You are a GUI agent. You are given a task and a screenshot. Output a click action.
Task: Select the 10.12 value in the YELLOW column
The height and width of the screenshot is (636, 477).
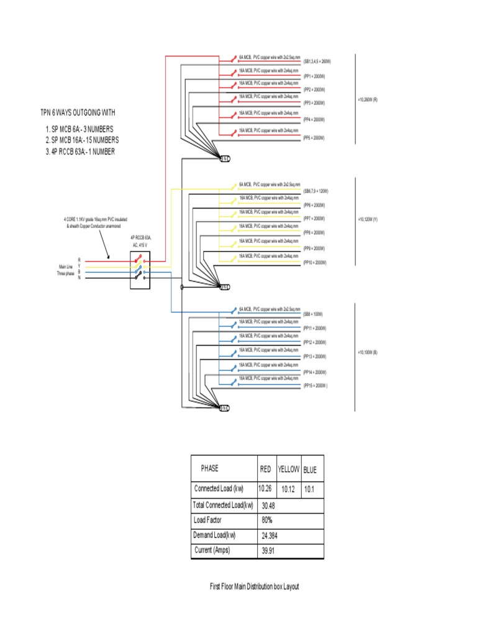pos(287,489)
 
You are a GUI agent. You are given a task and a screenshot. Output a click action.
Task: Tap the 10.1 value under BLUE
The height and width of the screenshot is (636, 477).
pos(309,489)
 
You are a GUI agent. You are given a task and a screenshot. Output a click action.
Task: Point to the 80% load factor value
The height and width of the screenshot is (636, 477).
pos(268,520)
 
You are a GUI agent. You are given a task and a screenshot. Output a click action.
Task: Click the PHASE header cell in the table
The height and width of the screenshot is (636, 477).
pos(209,469)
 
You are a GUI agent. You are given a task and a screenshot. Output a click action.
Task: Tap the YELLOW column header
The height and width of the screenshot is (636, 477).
pos(288,470)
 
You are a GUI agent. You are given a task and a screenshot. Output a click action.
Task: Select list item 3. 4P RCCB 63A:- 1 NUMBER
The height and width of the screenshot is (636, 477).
pos(79,152)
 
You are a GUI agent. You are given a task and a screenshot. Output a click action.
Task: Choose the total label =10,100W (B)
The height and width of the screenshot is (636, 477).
pos(367,353)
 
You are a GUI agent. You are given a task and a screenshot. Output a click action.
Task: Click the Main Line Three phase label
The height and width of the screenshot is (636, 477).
pos(65,270)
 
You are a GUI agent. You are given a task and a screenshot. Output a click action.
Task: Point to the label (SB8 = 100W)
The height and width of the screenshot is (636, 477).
pos(314,314)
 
